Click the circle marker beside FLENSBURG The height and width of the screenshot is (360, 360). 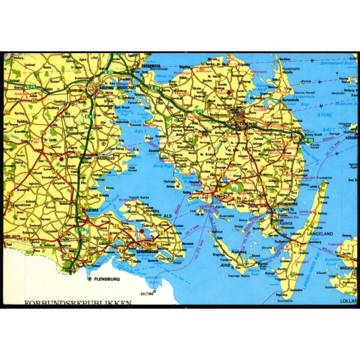pyautogui.click(x=90, y=278)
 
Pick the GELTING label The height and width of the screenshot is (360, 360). pyautogui.click(x=146, y=293)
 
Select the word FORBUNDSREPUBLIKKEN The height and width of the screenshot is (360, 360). pyautogui.click(x=78, y=303)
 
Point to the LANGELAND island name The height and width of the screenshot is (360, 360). pyautogui.click(x=320, y=235)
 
